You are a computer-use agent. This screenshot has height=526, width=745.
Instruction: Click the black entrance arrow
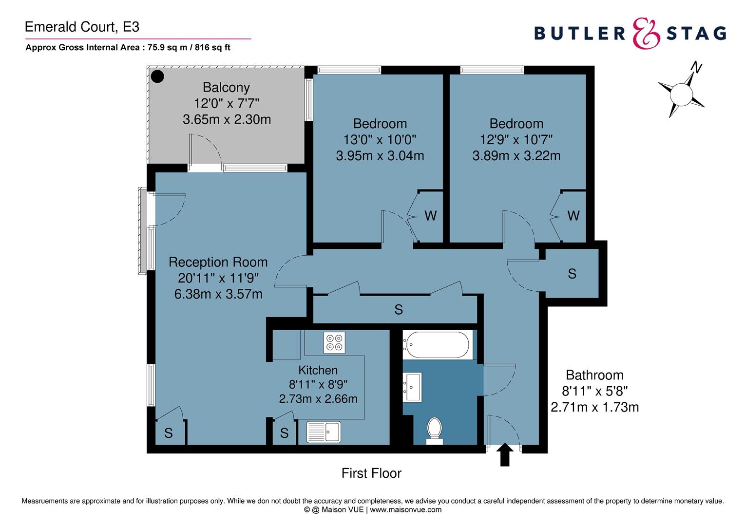(x=504, y=454)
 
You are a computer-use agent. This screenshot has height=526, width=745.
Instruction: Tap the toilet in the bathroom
(x=434, y=431)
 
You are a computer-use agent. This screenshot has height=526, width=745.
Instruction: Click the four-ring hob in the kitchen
(x=334, y=342)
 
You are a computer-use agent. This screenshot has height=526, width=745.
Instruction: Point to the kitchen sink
(x=323, y=432)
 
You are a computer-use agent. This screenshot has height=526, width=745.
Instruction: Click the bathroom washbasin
(x=412, y=387)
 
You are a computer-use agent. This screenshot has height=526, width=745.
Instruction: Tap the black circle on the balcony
(x=157, y=76)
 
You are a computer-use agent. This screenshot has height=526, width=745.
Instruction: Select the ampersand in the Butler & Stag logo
(x=646, y=34)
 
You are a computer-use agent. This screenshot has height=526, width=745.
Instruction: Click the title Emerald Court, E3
(x=82, y=27)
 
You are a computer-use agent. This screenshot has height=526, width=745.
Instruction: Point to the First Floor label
(x=371, y=473)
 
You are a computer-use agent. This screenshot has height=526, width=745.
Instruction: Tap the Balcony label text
(x=226, y=88)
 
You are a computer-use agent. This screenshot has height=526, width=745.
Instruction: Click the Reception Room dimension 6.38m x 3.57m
(x=218, y=294)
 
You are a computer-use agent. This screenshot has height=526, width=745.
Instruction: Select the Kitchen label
(x=318, y=370)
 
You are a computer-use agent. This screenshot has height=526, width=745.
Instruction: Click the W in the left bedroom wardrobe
(x=431, y=216)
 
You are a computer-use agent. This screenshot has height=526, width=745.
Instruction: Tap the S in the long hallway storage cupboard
(x=399, y=310)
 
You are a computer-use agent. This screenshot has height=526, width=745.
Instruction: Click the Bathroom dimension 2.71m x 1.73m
(x=594, y=407)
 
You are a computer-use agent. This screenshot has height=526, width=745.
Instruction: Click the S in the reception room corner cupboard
(x=169, y=433)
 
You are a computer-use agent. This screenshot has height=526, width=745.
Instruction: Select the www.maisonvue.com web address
(x=406, y=510)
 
